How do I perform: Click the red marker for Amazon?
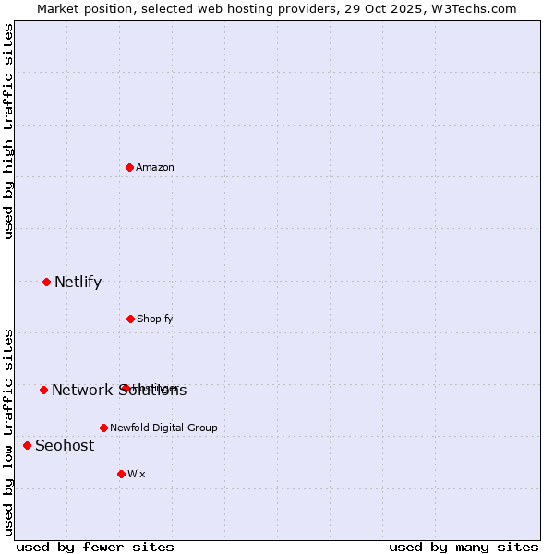point(129,167)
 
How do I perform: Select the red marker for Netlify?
point(46,282)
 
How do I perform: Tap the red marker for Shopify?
point(130,319)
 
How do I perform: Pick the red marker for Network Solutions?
point(43,390)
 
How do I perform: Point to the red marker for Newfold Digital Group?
point(103,428)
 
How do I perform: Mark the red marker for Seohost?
point(27,445)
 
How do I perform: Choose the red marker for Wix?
point(121,474)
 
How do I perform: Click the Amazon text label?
point(155,167)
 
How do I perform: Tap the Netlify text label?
point(78,282)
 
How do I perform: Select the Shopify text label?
point(155,319)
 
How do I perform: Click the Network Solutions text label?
point(119,390)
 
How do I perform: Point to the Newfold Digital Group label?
point(163,428)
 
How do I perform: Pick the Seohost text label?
point(65,445)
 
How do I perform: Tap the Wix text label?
point(137,474)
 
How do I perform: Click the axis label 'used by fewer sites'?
point(95,547)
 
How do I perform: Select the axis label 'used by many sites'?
point(464,547)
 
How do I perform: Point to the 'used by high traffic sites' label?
point(8,131)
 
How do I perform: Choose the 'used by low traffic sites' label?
point(8,431)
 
